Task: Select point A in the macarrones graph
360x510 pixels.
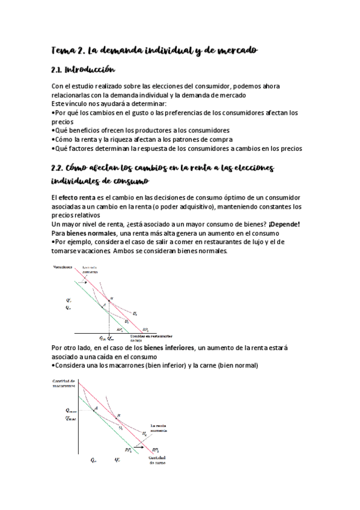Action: click(96, 408)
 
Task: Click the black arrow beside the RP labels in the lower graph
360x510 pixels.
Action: click(139, 447)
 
